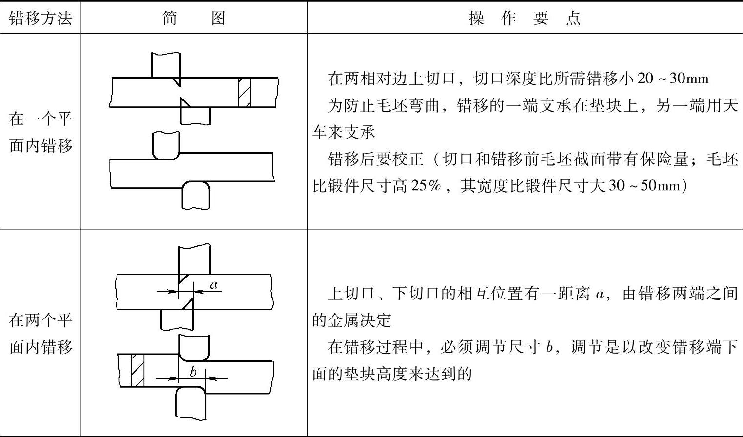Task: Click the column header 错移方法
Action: click(x=40, y=18)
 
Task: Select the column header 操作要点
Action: click(x=525, y=18)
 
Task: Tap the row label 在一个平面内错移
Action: click(x=40, y=132)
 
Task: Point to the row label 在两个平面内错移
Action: click(x=40, y=333)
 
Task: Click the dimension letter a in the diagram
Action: click(x=213, y=284)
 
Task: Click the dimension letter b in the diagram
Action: click(x=193, y=372)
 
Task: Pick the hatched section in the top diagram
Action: click(x=245, y=92)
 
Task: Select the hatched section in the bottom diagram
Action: click(x=137, y=370)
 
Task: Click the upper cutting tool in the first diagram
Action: click(x=166, y=65)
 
